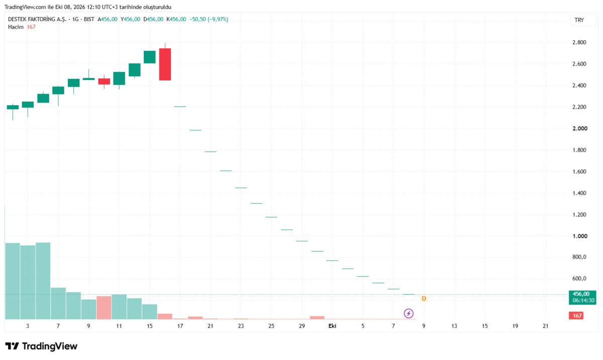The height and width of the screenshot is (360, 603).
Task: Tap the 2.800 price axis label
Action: pos(579,42)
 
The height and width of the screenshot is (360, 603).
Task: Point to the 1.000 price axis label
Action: pos(580,236)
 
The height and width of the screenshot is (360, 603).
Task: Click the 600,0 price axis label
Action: pos(579,279)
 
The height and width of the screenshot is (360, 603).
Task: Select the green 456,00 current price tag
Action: pos(582,297)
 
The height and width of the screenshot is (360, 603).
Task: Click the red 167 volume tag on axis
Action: pos(576,316)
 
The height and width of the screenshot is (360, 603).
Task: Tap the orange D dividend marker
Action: pos(424,299)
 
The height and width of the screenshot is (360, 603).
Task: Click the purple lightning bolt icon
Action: pos(409,313)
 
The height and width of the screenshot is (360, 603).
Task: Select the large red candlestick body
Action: pos(165,64)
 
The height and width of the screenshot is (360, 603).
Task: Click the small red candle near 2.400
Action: pos(104,81)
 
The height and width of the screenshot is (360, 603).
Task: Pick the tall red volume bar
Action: pos(104,308)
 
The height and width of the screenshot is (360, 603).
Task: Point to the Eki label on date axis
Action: pos(332,326)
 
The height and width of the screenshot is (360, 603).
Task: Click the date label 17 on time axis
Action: pos(180,326)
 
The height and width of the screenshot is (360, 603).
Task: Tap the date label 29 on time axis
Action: pos(302,326)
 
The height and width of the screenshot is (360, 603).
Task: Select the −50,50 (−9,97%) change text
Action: pos(209,20)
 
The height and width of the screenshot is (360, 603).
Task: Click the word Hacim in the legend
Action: pos(16,27)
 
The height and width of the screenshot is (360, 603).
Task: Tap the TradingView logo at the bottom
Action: pos(41,346)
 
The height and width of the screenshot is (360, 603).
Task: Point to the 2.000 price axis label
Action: pos(580,128)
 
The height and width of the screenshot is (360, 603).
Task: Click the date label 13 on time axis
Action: pos(454,326)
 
